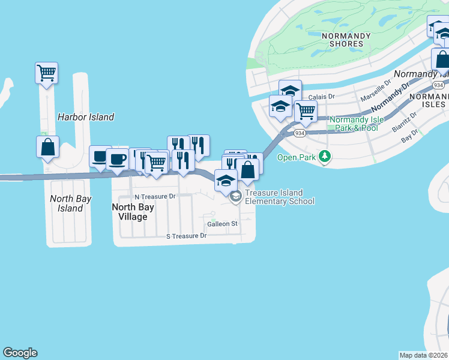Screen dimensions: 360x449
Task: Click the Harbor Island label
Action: (x=85, y=117)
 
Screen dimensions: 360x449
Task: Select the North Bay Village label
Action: (x=133, y=212)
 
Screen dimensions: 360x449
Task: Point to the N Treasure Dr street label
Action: (x=155, y=196)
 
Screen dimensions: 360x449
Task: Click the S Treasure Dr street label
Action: (x=186, y=236)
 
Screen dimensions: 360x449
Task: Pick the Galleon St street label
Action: (x=223, y=224)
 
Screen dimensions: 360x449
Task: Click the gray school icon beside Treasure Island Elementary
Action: (x=237, y=196)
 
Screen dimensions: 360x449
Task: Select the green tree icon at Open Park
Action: (x=325, y=157)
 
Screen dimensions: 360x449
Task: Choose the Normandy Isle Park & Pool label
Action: (x=357, y=124)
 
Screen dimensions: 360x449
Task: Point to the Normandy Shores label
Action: (x=346, y=40)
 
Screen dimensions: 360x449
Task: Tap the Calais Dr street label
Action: (x=321, y=96)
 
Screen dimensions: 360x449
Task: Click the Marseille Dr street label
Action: (x=376, y=94)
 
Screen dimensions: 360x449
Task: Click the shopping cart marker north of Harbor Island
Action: (x=46, y=73)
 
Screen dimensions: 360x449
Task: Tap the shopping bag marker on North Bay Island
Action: (x=47, y=147)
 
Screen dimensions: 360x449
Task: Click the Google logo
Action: (x=20, y=353)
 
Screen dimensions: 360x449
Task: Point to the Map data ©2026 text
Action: (x=424, y=355)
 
